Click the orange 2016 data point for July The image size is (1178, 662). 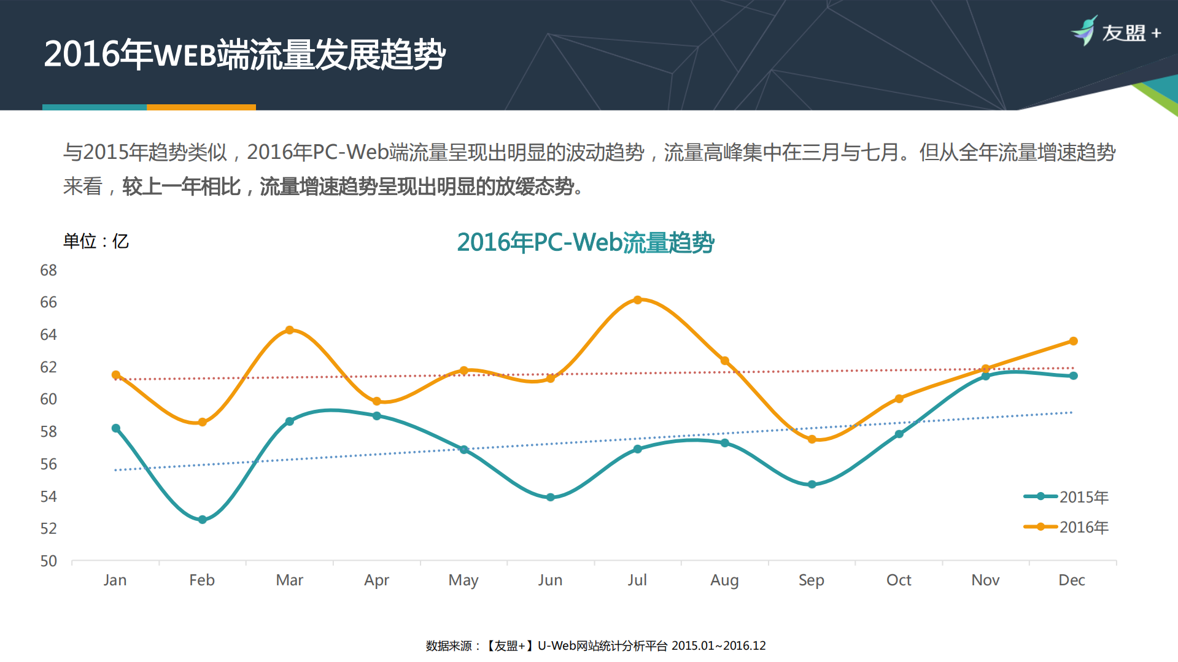637,300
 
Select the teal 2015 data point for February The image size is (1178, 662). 203,520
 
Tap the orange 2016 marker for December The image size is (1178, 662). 1073,341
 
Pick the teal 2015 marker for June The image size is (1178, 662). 550,498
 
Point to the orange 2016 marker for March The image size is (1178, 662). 290,330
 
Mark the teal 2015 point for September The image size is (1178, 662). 812,485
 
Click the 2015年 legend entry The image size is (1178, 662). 1066,497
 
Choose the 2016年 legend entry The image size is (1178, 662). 1066,527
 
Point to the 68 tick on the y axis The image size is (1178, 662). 48,271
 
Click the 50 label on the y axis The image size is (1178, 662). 48,561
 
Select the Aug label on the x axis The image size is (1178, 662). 724,580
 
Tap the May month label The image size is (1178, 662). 463,580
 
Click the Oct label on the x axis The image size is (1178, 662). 899,580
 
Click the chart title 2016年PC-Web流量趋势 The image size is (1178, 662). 586,242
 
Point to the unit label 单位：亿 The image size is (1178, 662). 96,241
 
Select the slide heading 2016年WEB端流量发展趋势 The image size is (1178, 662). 244,55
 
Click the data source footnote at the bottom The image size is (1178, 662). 595,645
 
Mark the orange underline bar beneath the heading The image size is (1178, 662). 201,107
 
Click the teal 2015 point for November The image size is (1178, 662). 986,376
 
